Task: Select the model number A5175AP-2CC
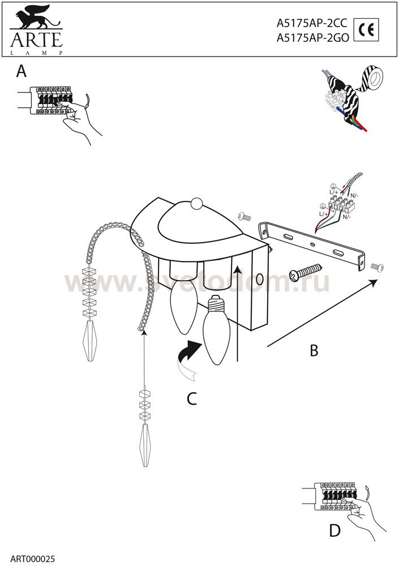[x=311, y=24]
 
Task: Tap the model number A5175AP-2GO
[x=312, y=38]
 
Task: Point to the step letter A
[x=22, y=71]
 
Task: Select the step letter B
[x=314, y=350]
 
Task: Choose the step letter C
[x=192, y=399]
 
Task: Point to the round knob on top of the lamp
[x=196, y=203]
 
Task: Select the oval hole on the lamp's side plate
[x=259, y=280]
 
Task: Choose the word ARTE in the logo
[x=35, y=41]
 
